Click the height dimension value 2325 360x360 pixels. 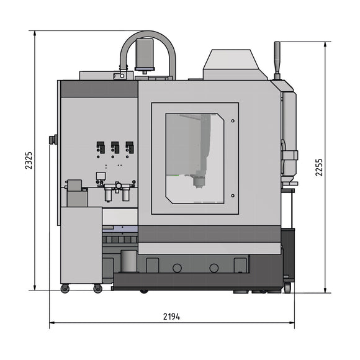[x=28, y=160]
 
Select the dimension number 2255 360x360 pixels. [x=319, y=166]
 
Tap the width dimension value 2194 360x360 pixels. [x=172, y=316]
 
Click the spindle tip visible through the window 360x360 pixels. [x=199, y=182]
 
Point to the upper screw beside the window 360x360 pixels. [x=232, y=120]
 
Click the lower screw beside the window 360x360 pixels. [x=232, y=196]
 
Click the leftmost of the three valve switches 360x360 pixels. [x=100, y=148]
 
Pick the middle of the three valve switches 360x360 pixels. [x=115, y=148]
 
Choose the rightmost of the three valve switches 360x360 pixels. [x=129, y=148]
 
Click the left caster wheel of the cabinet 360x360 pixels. [x=65, y=289]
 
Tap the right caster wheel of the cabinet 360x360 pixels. [x=97, y=289]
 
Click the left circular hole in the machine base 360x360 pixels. [x=178, y=268]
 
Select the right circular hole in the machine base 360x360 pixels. [x=214, y=268]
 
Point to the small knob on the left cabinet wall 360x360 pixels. [x=54, y=139]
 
